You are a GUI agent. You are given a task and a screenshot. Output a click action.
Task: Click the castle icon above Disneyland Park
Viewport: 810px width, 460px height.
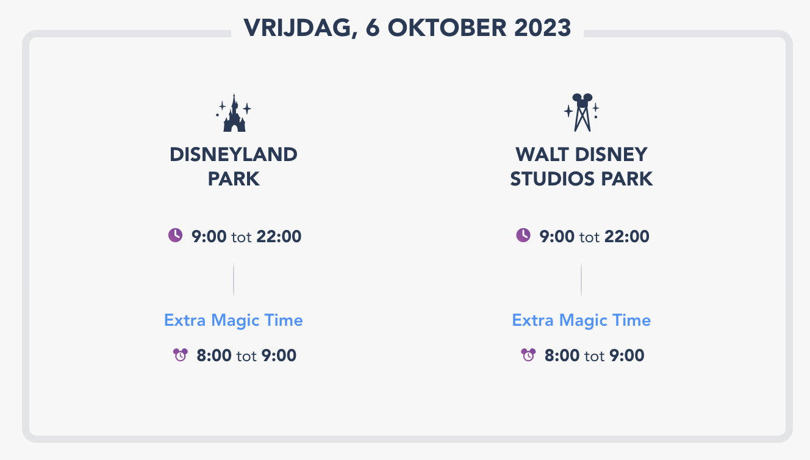pyautogui.click(x=234, y=113)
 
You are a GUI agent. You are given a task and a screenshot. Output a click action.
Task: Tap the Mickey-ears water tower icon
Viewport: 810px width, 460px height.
pyautogui.click(x=582, y=113)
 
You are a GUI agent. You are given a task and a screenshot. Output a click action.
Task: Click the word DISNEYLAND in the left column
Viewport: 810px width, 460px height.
pyautogui.click(x=234, y=154)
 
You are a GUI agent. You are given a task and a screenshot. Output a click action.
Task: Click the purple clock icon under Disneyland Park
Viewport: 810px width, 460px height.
pyautogui.click(x=175, y=235)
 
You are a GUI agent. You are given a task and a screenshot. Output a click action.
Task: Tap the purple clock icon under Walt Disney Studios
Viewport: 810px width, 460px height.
pyautogui.click(x=523, y=235)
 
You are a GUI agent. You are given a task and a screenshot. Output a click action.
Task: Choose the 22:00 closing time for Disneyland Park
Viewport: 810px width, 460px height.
pyautogui.click(x=279, y=237)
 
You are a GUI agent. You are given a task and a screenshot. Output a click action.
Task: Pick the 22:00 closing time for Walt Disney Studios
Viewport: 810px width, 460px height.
pyautogui.click(x=626, y=237)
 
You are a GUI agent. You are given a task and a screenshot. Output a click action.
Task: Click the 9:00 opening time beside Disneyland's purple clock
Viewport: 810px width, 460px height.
pyautogui.click(x=209, y=237)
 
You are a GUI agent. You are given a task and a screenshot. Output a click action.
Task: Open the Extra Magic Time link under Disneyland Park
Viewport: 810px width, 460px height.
pyautogui.click(x=234, y=320)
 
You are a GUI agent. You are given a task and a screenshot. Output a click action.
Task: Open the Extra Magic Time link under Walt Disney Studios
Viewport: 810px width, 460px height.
pyautogui.click(x=581, y=320)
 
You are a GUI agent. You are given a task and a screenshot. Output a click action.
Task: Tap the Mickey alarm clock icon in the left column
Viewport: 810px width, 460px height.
pyautogui.click(x=180, y=354)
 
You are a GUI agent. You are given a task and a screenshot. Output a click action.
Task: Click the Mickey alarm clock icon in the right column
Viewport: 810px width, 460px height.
pyautogui.click(x=528, y=354)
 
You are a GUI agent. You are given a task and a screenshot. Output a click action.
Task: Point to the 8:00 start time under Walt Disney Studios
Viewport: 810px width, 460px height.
pyautogui.click(x=562, y=356)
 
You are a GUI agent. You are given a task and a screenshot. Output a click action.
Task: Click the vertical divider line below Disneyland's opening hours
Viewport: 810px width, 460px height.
pyautogui.click(x=234, y=280)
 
